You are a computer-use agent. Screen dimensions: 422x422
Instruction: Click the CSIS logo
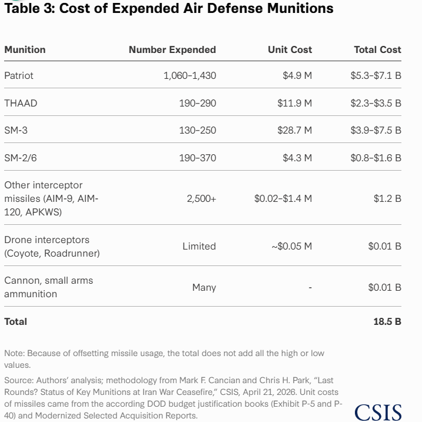click(x=378, y=413)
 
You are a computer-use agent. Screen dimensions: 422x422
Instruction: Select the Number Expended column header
click(x=172, y=50)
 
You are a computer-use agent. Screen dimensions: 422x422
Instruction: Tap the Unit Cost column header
click(x=290, y=50)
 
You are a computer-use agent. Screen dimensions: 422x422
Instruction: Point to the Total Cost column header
click(x=378, y=50)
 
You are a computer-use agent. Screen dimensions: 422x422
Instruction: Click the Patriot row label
click(x=19, y=75)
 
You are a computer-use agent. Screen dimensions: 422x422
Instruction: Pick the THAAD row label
click(x=21, y=104)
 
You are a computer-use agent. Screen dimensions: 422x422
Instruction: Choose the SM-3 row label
click(x=16, y=130)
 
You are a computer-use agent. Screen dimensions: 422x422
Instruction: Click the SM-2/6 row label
click(x=21, y=158)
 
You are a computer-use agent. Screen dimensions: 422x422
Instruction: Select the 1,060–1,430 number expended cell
click(x=190, y=75)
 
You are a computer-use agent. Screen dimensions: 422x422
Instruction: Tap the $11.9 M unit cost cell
click(x=295, y=104)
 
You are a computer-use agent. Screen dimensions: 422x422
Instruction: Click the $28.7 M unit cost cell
click(x=295, y=130)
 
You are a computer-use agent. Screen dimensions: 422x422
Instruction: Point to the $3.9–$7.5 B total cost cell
click(x=376, y=130)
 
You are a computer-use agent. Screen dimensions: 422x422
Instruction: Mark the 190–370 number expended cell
click(x=198, y=158)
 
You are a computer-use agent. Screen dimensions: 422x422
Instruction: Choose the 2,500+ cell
click(x=201, y=198)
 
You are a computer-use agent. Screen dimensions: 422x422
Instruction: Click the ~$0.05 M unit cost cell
click(x=292, y=246)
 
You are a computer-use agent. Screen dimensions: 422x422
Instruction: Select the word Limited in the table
click(x=199, y=246)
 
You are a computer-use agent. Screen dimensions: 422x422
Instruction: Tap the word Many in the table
click(x=204, y=288)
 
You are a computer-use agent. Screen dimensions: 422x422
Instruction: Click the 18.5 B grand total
click(x=387, y=321)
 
